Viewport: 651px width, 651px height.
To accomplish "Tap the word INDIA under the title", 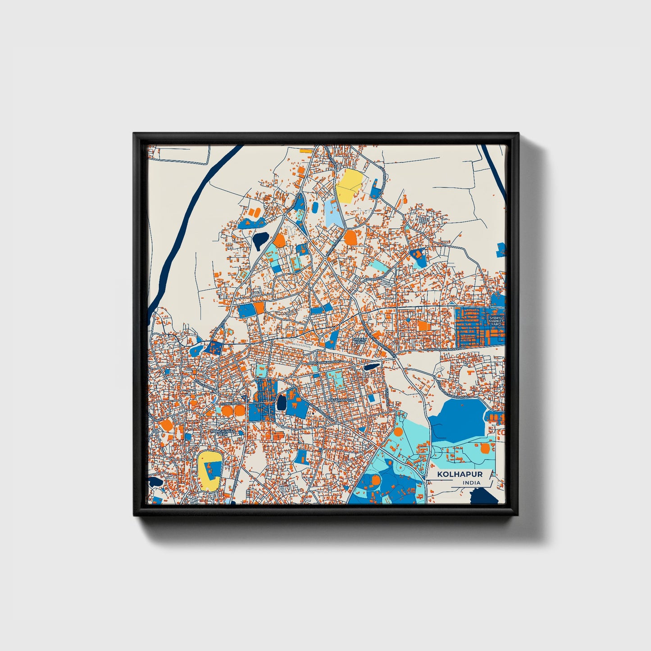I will click(471, 483).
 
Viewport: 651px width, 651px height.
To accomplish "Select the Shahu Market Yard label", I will click(496, 321).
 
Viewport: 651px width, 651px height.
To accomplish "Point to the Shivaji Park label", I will click(358, 341).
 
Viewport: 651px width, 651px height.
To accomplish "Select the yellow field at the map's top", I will click(350, 186).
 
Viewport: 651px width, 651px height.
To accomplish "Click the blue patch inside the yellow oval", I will click(213, 469).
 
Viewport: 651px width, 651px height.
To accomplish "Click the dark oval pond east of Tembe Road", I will click(282, 402).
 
